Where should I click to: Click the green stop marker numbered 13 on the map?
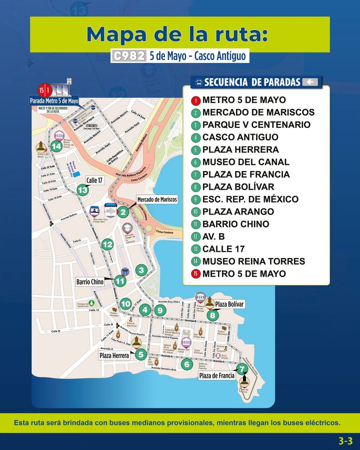point(83,191)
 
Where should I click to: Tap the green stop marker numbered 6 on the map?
point(187,364)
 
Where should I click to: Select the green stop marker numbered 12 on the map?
point(108,245)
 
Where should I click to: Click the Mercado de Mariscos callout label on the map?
point(157,200)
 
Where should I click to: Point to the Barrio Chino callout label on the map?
point(90,282)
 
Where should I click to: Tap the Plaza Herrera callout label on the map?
point(115,356)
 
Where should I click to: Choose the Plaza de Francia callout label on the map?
point(216,375)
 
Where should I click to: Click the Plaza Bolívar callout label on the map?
point(229,304)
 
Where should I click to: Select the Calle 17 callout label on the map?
point(94,181)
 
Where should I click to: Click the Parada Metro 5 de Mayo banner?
point(54,101)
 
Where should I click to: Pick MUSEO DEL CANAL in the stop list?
point(245,162)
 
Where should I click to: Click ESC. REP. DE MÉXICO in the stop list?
point(250,199)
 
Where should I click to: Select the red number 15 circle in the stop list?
point(195,274)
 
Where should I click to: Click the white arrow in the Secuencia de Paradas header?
point(310,82)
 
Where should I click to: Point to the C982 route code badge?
point(129,56)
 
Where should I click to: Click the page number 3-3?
point(345,441)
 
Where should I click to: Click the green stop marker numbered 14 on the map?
point(56,146)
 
